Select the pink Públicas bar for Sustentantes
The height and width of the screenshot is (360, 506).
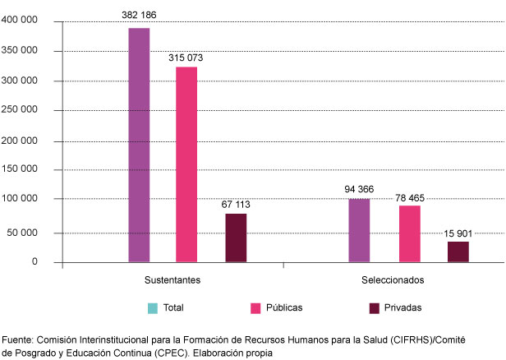click(186, 165)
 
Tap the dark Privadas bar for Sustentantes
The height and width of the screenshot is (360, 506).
click(236, 238)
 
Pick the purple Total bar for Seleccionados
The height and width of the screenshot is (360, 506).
click(359, 231)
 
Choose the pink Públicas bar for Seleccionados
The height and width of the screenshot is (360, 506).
click(410, 234)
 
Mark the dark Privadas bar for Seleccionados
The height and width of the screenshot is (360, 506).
click(458, 252)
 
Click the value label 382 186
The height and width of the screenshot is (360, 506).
click(139, 16)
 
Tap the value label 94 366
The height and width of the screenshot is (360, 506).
click(359, 190)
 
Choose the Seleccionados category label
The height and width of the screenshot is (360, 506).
click(393, 280)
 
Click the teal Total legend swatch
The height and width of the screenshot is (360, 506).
click(153, 308)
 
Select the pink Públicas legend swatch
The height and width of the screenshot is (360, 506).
click(256, 308)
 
